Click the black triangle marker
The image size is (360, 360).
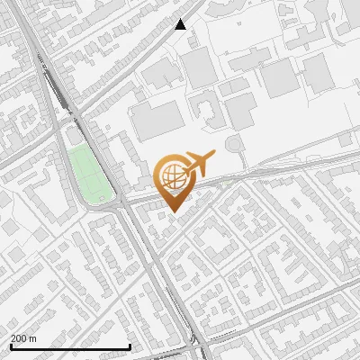coord(180,24)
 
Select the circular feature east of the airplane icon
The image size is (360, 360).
coord(235,144)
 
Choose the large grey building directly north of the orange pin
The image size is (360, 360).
coord(158,120)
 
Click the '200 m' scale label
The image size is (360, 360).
coord(24,338)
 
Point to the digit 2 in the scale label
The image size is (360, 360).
coord(13,338)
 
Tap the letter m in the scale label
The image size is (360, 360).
coord(33,338)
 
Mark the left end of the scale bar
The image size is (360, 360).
coord(10,346)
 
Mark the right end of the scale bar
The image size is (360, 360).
coord(130,346)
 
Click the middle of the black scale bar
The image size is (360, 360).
coord(70,346)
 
